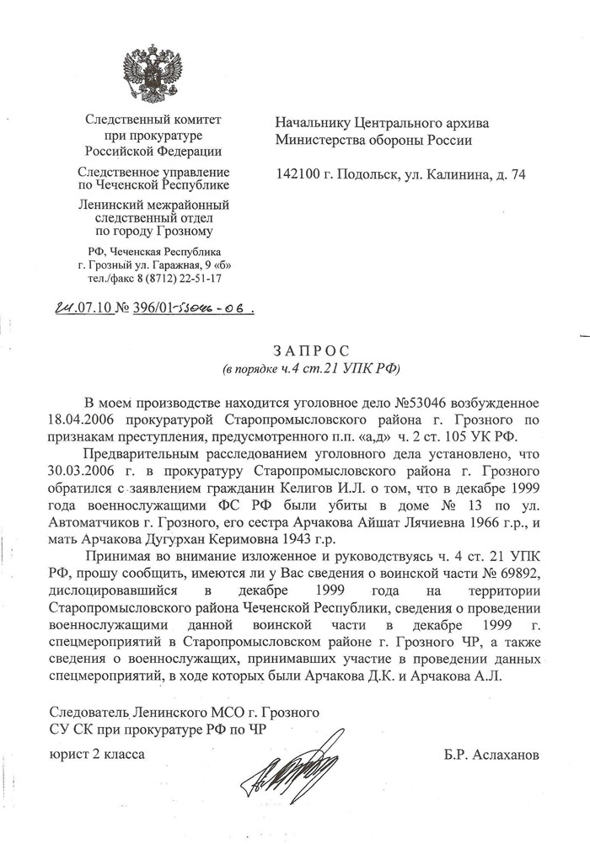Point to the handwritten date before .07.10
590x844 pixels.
tap(62, 308)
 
